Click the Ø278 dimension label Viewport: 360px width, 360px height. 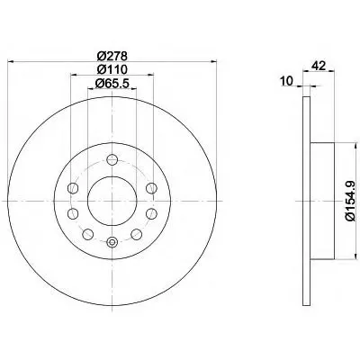[x=112, y=56]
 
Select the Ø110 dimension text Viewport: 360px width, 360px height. [x=112, y=69]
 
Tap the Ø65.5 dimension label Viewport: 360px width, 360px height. [x=112, y=84]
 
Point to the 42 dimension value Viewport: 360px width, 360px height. [x=319, y=66]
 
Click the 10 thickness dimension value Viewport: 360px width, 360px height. [x=287, y=81]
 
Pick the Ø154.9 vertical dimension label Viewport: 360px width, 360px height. [x=351, y=202]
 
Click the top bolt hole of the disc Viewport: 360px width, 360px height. [x=112, y=159]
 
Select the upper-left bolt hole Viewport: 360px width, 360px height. [x=73, y=188]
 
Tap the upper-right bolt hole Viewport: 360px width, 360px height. [x=151, y=188]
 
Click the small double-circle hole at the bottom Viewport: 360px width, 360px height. [x=112, y=242]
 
